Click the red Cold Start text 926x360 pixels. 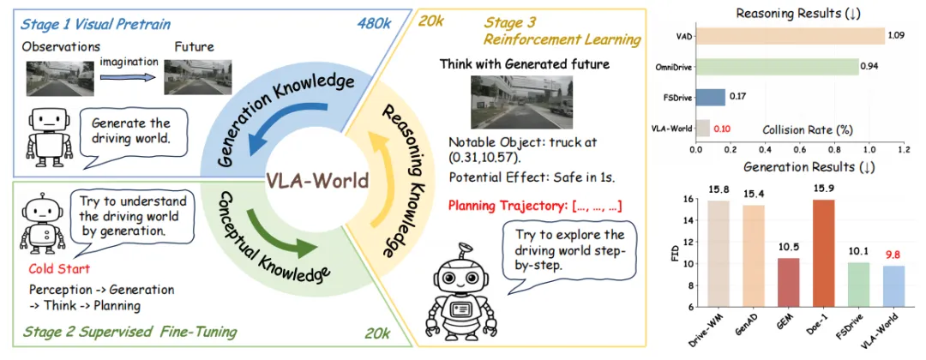[x=53, y=267]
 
